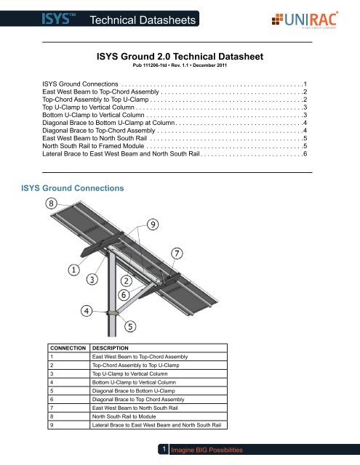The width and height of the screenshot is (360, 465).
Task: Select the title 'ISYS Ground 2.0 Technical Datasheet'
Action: pyautogui.click(x=180, y=55)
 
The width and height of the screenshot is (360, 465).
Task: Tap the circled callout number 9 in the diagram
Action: pyautogui.click(x=153, y=225)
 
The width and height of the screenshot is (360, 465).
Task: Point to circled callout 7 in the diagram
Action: pyautogui.click(x=177, y=253)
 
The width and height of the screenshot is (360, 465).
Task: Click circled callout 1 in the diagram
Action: pyautogui.click(x=73, y=270)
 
